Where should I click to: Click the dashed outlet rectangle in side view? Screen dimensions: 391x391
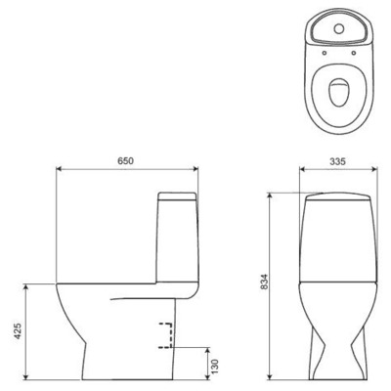168,334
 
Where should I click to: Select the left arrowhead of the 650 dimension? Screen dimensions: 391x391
61,168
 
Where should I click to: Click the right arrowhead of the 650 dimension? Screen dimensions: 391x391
200,168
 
